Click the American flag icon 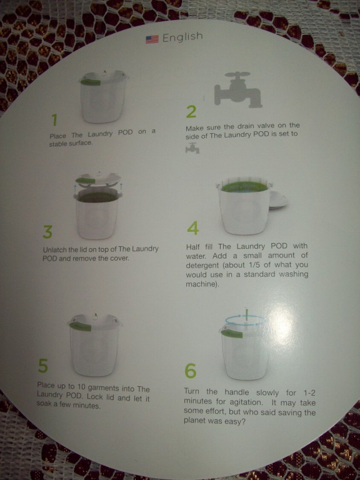click(x=152, y=39)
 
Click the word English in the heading click(x=182, y=37)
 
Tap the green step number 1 click(x=54, y=120)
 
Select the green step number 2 click(x=191, y=112)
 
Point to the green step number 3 click(x=47, y=232)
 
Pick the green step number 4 click(x=192, y=228)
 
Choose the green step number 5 click(x=43, y=366)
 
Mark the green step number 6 click(x=190, y=371)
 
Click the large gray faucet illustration click(x=238, y=89)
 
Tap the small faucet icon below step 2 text click(x=192, y=148)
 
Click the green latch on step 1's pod click(x=90, y=82)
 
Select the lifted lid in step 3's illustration click(x=98, y=180)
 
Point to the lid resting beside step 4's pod click(x=278, y=201)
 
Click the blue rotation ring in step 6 click(x=246, y=321)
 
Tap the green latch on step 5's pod click(x=80, y=326)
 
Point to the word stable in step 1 click(x=59, y=144)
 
